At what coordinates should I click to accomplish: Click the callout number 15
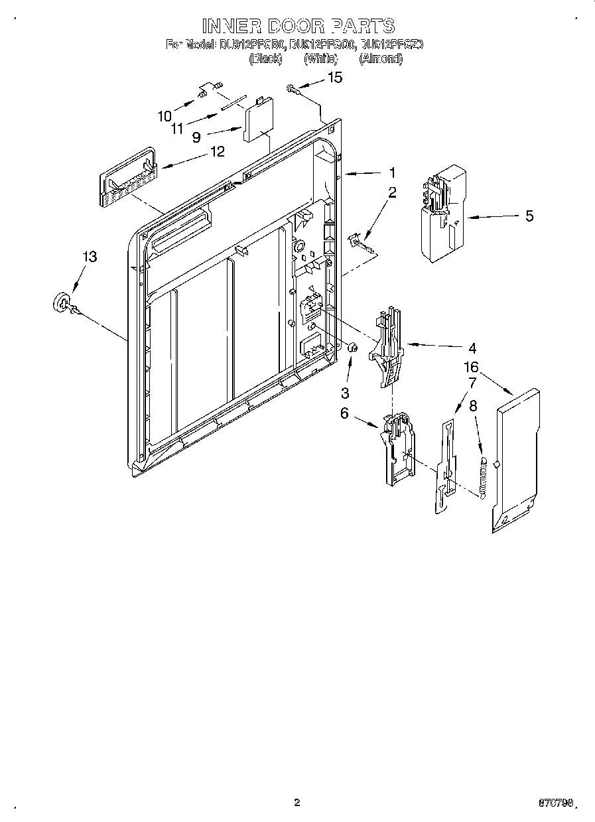(336, 78)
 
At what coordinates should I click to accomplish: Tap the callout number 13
(89, 257)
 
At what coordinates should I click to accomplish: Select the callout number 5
(529, 216)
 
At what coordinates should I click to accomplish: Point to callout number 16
(471, 367)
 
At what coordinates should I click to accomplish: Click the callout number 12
(218, 151)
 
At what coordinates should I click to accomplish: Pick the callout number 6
(344, 413)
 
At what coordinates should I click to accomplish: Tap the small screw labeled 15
(292, 88)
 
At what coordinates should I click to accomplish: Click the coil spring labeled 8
(484, 476)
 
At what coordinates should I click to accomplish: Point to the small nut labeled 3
(354, 347)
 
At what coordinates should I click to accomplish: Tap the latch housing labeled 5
(440, 213)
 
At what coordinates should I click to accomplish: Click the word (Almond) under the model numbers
(381, 58)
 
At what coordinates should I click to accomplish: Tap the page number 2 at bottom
(297, 803)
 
